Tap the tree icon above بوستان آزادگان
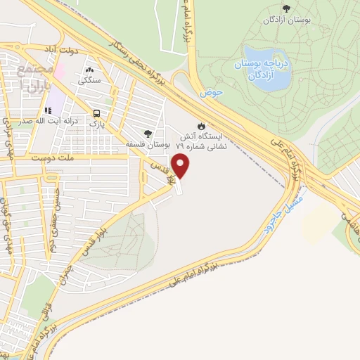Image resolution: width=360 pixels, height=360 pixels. point(285,8)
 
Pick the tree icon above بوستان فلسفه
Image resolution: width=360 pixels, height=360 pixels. point(147,132)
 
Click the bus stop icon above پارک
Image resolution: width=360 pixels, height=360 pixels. point(96,112)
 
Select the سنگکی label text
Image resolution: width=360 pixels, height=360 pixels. point(91,81)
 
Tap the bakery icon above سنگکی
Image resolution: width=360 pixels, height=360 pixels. point(91,70)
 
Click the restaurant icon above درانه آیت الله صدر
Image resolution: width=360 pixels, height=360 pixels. point(49,110)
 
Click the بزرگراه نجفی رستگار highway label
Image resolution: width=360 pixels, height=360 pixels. point(141,67)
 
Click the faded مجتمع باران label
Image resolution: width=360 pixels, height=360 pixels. point(29,82)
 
